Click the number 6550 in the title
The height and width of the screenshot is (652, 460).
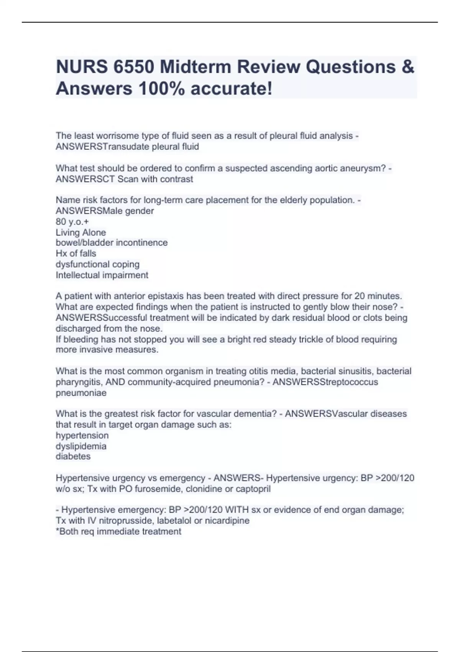tap(133, 67)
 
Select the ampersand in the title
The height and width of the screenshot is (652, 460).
tap(408, 67)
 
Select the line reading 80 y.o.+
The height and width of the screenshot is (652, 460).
tap(72, 222)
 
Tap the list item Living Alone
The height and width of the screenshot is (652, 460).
tap(80, 232)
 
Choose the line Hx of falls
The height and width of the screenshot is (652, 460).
tap(76, 254)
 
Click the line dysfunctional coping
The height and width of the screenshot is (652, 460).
tap(97, 264)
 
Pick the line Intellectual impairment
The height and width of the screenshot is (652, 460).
tap(102, 275)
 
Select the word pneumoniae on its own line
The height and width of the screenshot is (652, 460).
tap(81, 393)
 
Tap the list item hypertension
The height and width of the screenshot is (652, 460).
tap(82, 435)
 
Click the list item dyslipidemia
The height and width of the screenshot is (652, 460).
tap(81, 446)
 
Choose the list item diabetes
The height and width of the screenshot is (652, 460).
tap(73, 456)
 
